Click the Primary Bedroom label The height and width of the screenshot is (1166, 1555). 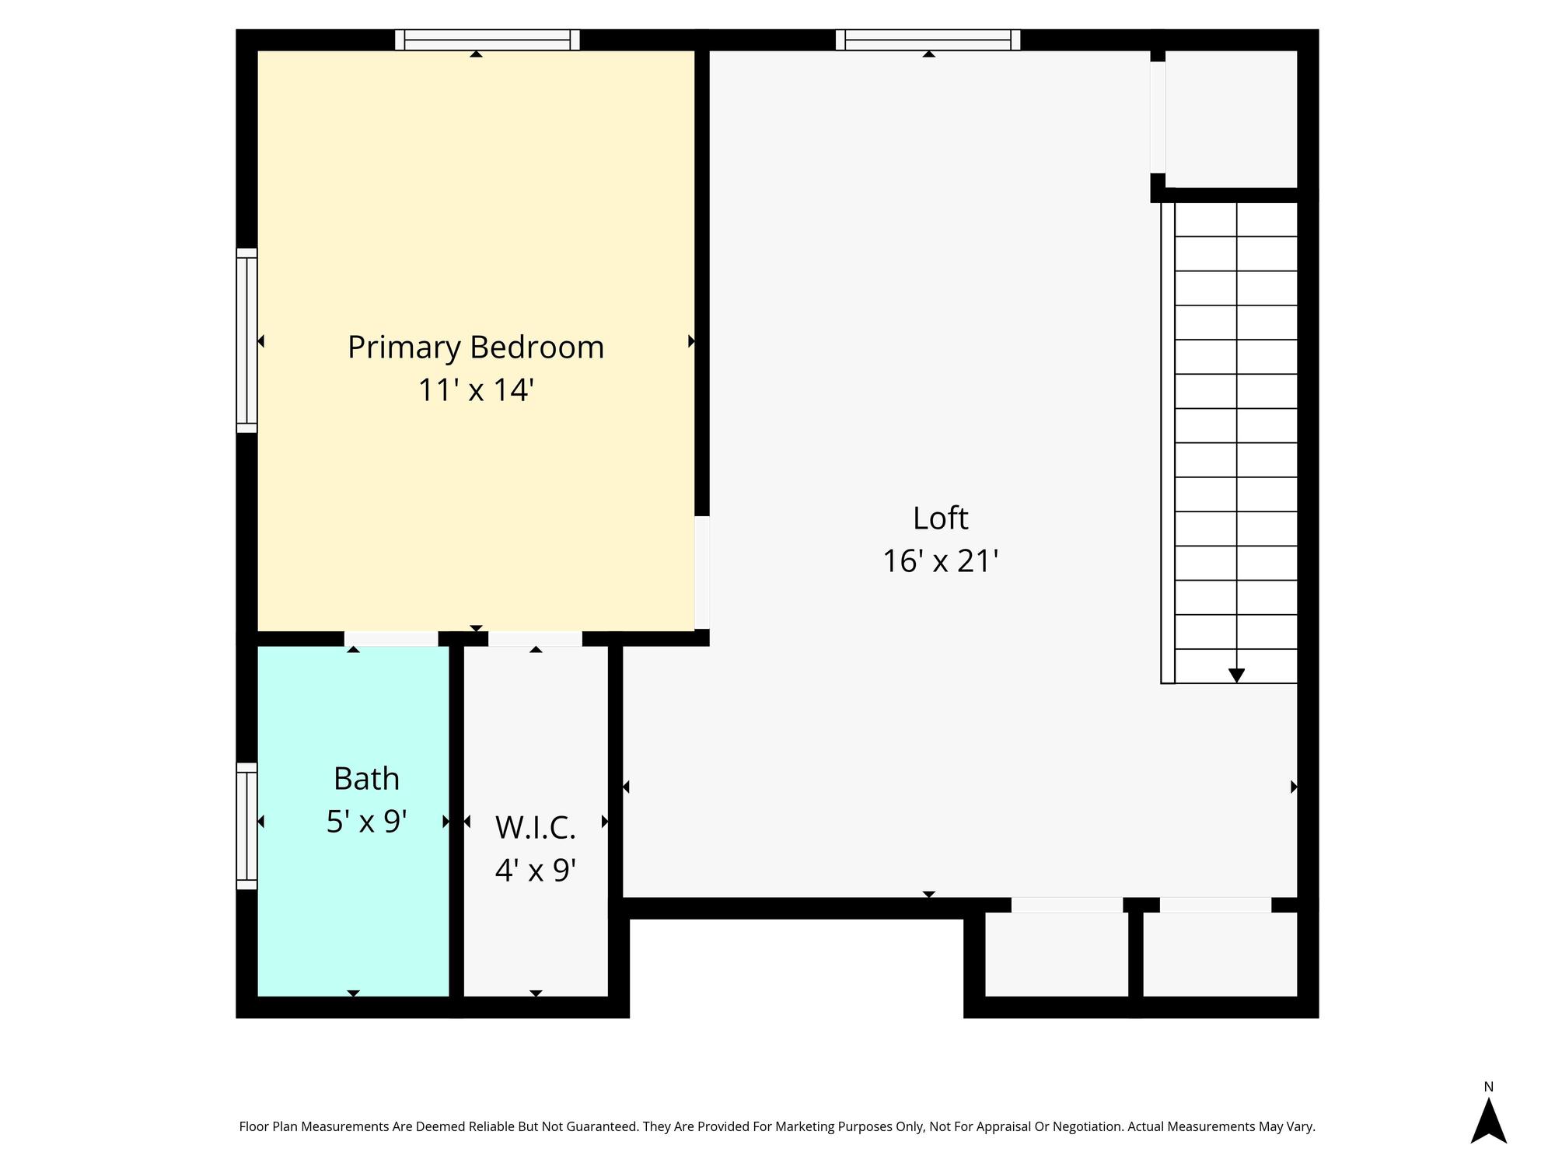pos(475,347)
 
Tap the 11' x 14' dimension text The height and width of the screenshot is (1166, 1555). pos(475,389)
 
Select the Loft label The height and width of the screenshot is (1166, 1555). pos(940,518)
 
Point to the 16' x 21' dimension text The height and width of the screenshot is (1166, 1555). pos(940,560)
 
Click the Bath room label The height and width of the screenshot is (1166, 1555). pos(366,778)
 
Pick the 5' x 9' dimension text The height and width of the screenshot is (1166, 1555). pos(366,821)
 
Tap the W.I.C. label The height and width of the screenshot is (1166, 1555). pos(535,828)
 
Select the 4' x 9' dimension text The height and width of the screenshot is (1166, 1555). pos(535,870)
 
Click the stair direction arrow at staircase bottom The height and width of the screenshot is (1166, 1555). pos(1236,676)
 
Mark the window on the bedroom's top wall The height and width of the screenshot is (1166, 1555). pos(487,40)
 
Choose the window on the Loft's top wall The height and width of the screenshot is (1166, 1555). pos(928,40)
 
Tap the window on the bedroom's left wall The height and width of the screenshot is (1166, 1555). pos(246,340)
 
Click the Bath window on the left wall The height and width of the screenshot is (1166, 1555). pos(246,826)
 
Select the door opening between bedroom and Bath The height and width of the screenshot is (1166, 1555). pos(391,638)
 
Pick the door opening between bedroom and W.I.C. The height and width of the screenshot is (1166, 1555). pos(535,638)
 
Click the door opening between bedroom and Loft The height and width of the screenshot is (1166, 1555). pos(701,572)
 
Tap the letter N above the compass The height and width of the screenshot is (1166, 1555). pos(1488,1087)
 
